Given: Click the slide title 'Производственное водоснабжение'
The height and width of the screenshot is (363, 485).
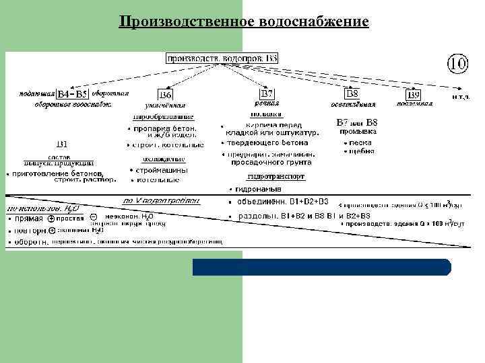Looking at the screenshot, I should (x=243, y=22).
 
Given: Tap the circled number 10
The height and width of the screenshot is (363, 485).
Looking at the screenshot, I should (x=456, y=65).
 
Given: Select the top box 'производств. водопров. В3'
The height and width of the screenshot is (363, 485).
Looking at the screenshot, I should (x=222, y=58).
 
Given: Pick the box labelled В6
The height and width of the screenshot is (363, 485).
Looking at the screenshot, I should (x=165, y=94).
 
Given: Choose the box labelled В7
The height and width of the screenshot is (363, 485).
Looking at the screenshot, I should (x=267, y=93).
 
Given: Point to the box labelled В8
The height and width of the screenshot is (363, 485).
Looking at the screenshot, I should (x=352, y=93).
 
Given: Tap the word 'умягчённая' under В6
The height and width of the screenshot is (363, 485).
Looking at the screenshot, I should (x=165, y=106).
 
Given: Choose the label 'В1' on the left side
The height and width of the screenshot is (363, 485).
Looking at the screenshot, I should (x=62, y=143).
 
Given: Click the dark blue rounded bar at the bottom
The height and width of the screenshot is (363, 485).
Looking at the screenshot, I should (x=321, y=267).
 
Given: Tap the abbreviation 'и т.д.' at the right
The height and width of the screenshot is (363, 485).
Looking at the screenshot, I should (x=461, y=95).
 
